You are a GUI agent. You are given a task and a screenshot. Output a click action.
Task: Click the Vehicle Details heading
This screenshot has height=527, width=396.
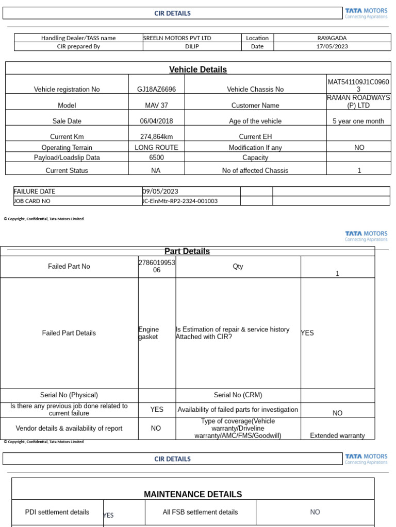click(x=198, y=69)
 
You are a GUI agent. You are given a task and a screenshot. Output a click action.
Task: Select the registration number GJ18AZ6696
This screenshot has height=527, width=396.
click(x=156, y=89)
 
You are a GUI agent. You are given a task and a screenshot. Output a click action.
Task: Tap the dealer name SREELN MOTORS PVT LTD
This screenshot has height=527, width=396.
click(x=177, y=38)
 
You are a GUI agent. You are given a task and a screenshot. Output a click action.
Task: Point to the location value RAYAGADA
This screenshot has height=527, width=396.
click(x=332, y=38)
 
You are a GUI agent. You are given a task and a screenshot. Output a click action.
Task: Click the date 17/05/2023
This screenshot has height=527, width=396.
click(x=332, y=46)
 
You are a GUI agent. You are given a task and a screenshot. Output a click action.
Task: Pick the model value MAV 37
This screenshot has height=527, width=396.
click(x=156, y=105)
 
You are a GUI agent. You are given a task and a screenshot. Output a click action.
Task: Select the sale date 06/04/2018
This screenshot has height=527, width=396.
click(x=156, y=121)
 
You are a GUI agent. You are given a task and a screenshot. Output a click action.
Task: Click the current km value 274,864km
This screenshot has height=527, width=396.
click(x=156, y=136)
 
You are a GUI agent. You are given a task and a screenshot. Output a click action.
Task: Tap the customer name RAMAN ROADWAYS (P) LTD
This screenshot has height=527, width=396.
click(x=358, y=101)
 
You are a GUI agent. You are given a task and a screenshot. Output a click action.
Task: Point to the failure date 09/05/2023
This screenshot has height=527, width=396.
click(x=160, y=191)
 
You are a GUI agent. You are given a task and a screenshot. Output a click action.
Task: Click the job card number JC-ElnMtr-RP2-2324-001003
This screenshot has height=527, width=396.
click(x=179, y=201)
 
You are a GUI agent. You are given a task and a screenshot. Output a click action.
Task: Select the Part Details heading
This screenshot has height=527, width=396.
click(x=187, y=251)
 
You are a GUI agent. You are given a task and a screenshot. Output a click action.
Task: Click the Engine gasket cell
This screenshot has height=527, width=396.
click(x=148, y=333)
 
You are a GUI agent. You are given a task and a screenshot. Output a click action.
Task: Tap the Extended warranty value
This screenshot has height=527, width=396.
click(x=337, y=435)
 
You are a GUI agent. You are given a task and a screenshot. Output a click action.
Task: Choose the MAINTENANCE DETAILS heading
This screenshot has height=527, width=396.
click(x=193, y=494)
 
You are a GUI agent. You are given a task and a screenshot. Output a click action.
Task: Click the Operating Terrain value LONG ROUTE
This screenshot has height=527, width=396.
click(x=156, y=147)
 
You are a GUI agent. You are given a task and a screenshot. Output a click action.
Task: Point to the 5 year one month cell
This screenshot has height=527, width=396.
click(x=358, y=121)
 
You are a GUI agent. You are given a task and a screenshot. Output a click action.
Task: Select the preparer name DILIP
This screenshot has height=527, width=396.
click(x=192, y=46)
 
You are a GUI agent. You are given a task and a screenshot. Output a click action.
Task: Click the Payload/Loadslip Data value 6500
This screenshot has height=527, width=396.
click(x=156, y=157)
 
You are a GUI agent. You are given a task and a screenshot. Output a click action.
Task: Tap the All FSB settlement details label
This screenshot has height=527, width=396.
click(x=200, y=512)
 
